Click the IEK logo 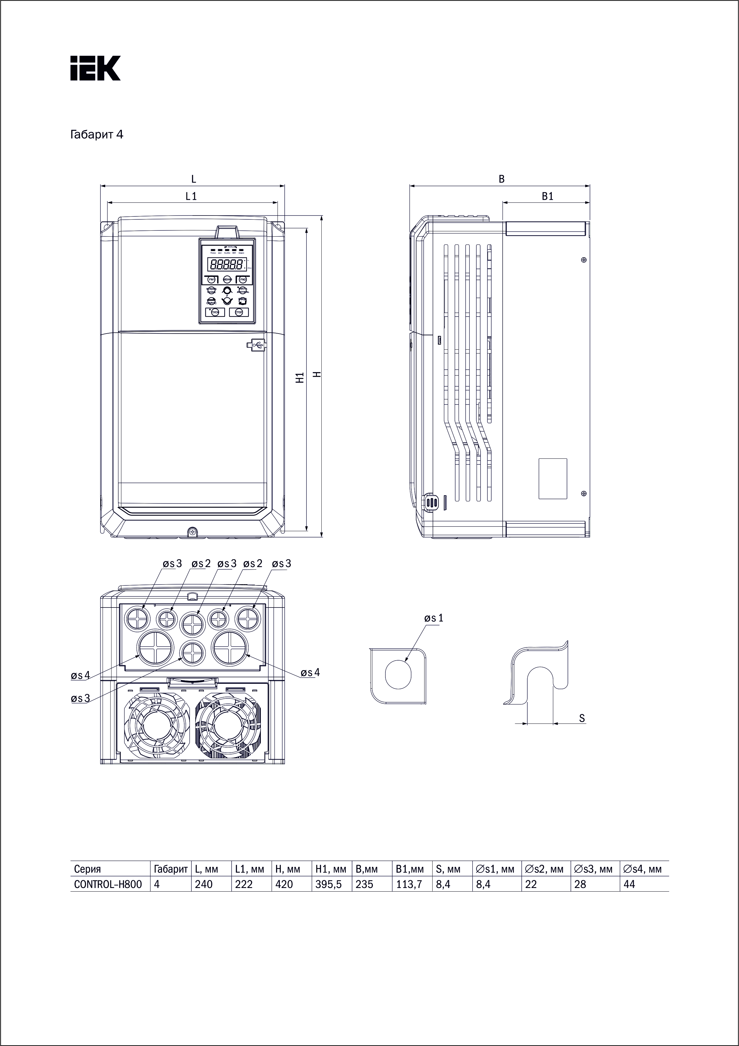pyautogui.click(x=95, y=68)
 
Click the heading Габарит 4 pyautogui.click(x=97, y=135)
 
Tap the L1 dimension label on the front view pyautogui.click(x=191, y=196)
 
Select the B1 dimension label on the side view pyautogui.click(x=547, y=196)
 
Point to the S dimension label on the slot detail pyautogui.click(x=582, y=718)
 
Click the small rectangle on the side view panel pyautogui.click(x=553, y=478)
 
